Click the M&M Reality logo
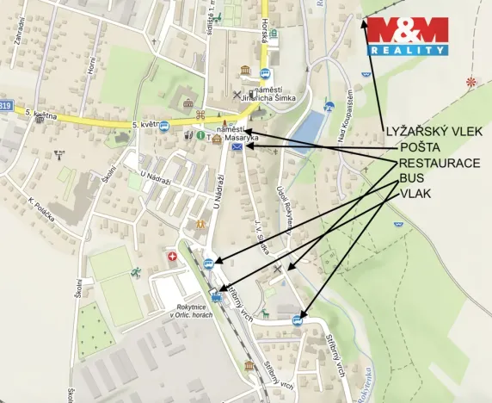[x=409, y=36]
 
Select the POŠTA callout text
[x=418, y=147]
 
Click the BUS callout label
[x=411, y=178]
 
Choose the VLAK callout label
[x=415, y=194]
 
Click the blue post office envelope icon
[x=237, y=148]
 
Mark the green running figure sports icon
[x=136, y=272]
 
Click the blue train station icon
[x=216, y=299]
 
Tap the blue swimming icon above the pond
[x=329, y=108]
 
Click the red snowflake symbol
[x=470, y=82]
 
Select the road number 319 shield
[x=7, y=105]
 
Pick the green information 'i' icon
[x=200, y=135]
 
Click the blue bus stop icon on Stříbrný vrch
[x=298, y=320]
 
